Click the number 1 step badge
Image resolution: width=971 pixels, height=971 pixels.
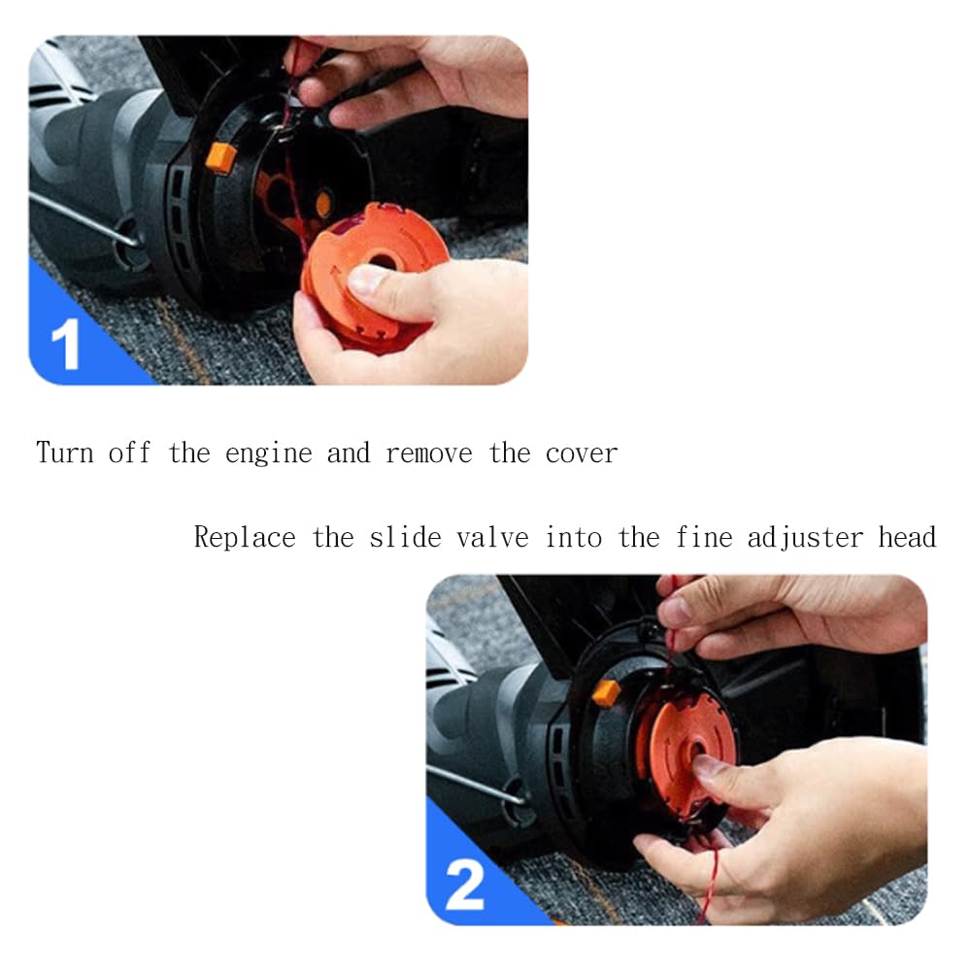66,345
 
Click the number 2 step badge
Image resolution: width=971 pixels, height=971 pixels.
464,886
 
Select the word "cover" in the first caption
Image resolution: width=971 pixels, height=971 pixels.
581,453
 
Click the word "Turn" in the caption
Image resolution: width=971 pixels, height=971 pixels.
64,452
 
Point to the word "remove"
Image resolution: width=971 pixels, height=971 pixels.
428,453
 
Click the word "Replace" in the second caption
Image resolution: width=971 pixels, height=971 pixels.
245,538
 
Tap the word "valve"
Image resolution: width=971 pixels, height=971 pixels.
492,538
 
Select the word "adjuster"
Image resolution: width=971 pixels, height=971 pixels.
804,538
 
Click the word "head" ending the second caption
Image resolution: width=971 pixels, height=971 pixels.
907,537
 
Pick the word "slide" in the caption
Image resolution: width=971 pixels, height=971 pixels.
405,537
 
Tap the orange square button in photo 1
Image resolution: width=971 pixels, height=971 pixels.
221,157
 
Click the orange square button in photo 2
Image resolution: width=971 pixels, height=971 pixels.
606,693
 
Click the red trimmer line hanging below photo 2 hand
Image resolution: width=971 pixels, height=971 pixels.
710,886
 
